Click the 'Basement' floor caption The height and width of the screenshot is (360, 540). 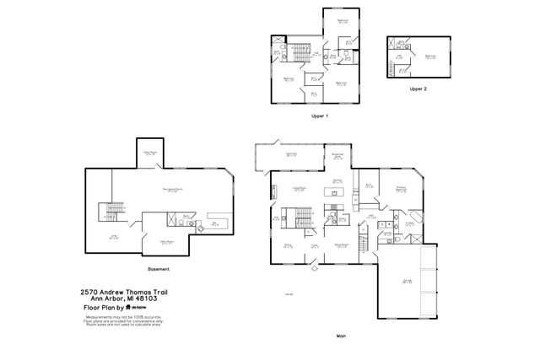click(158, 269)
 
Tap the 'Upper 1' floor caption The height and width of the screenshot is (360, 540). click(319, 115)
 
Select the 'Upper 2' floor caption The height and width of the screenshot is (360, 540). click(418, 89)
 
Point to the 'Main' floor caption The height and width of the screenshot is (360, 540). click(341, 336)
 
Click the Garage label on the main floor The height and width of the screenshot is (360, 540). click(407, 282)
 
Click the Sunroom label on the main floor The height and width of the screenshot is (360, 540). click(290, 154)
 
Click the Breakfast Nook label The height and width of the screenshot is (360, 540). click(336, 156)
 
